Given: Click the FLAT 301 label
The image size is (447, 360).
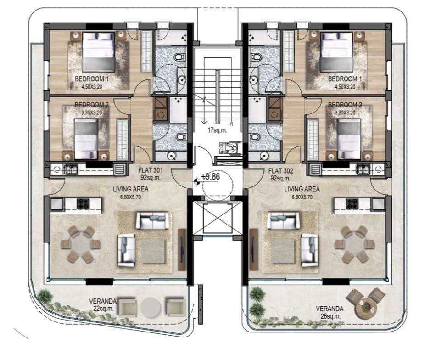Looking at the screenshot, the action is coord(150,170).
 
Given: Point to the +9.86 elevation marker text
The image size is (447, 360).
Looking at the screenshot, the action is coord(211,177).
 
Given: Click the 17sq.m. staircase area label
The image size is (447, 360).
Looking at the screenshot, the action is coord(218,131).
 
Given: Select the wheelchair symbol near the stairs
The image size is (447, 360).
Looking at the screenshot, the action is coord(228,148).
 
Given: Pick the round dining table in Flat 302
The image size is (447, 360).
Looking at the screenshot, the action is coord(355,244).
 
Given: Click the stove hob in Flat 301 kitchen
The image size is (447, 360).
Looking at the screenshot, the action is coord(83,204).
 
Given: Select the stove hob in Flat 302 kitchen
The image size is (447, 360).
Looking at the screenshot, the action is coord(352,204).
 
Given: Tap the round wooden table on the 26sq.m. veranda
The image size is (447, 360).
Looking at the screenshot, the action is coord(366,309).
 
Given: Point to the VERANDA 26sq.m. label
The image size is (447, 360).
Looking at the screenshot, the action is coord(330,312).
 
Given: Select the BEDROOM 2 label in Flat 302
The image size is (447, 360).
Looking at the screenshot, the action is coord(345,105).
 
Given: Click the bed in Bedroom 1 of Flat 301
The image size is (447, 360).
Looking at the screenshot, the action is coord(99,52).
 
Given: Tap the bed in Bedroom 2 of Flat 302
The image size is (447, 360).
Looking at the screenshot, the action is coord(349,139).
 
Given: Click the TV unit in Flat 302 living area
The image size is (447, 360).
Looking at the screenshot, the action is coord(253,249).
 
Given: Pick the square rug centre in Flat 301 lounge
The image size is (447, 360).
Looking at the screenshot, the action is coord(154,251).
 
